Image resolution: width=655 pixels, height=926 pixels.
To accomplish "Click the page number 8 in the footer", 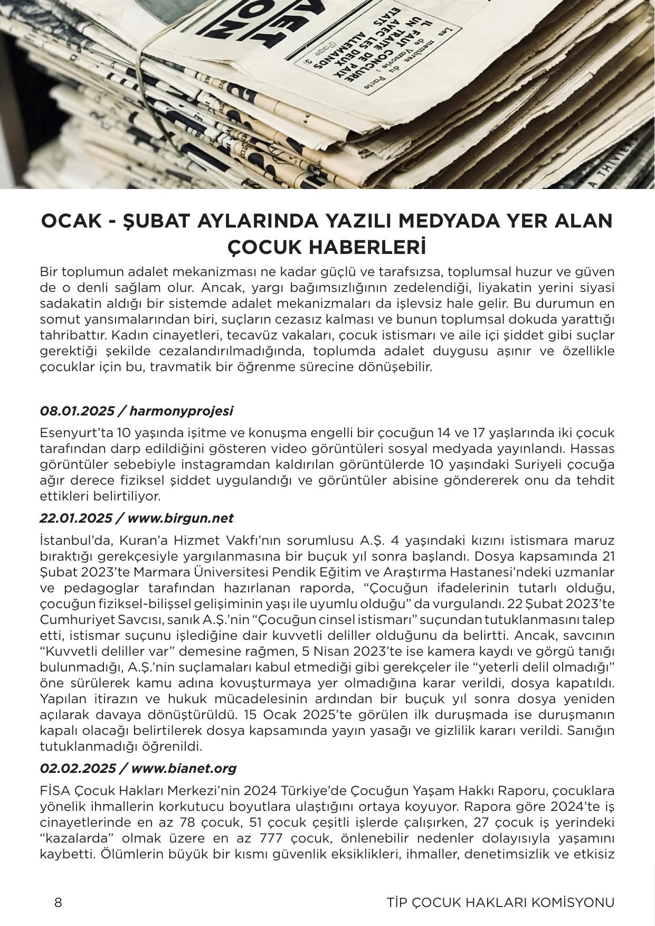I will pyautogui.click(x=58, y=902).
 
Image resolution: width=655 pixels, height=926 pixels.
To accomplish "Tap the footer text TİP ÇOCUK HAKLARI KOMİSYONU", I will pyautogui.click(x=500, y=902).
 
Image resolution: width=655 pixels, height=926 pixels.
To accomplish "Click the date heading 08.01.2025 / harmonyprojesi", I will pyautogui.click(x=136, y=411).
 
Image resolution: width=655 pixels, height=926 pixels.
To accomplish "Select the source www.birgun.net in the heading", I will pyautogui.click(x=180, y=518).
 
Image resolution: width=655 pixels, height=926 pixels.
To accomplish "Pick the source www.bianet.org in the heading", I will pyautogui.click(x=183, y=768).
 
